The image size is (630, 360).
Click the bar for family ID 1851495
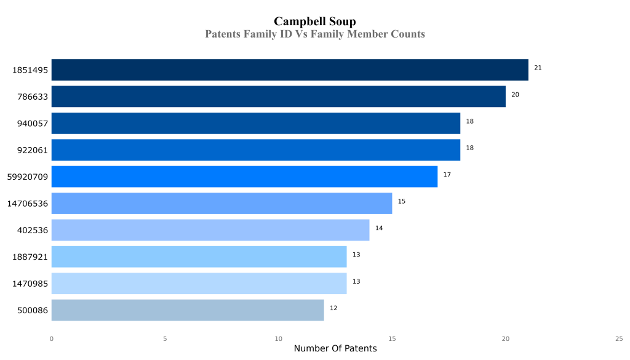point(289,70)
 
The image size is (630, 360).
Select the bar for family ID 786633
point(278,97)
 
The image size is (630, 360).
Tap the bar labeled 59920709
point(244,177)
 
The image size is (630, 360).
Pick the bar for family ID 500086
point(188,310)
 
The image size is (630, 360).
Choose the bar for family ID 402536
point(210,230)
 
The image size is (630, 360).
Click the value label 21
point(538,68)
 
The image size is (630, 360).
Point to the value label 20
point(515,95)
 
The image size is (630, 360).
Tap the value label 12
point(333,308)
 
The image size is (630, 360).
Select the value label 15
point(401,201)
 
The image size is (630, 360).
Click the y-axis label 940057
point(33,124)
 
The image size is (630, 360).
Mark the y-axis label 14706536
point(28,204)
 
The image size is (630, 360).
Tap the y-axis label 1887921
point(30,257)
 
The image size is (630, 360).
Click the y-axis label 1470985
point(30,284)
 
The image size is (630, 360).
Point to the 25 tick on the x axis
point(619,338)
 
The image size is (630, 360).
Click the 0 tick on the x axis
point(52,338)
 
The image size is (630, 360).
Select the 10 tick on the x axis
point(279,338)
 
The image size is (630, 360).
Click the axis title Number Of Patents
point(335,349)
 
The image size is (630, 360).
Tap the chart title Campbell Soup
point(314,22)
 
